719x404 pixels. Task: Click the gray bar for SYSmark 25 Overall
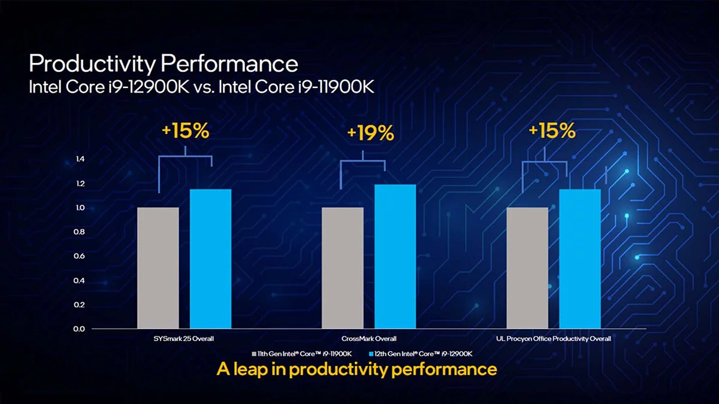click(x=158, y=268)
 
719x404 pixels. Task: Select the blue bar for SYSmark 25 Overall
click(x=210, y=259)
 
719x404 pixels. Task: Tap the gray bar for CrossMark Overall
click(x=343, y=268)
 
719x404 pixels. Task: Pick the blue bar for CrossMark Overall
click(x=395, y=256)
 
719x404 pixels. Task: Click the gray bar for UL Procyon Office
click(x=527, y=268)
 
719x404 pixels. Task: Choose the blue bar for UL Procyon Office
click(x=579, y=259)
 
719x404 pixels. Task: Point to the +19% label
click(x=370, y=133)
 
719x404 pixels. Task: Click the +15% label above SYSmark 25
click(x=185, y=131)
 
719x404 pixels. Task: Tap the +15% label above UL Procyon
click(x=551, y=131)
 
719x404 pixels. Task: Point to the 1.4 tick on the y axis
click(x=80, y=159)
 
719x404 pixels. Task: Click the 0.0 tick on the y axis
click(x=80, y=329)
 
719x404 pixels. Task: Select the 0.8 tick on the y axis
click(x=80, y=232)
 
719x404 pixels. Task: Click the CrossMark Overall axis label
click(x=368, y=339)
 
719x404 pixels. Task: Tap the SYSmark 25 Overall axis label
click(x=184, y=339)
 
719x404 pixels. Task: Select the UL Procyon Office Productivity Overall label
click(x=554, y=339)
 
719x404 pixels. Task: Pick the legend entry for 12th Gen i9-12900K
click(x=422, y=354)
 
